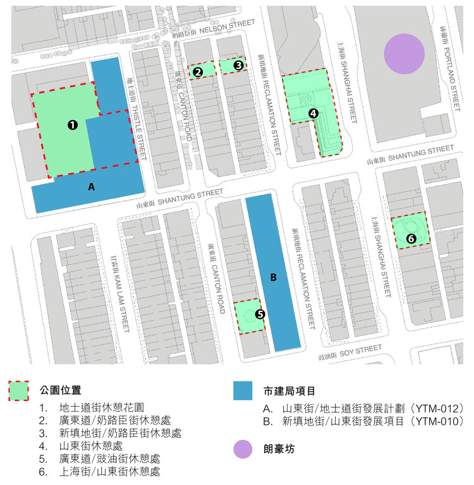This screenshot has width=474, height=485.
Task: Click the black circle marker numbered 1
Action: [73, 125]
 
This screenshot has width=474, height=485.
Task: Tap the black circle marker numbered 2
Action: [198, 72]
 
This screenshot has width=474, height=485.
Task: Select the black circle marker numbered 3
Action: [238, 64]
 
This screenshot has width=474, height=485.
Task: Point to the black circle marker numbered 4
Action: [313, 113]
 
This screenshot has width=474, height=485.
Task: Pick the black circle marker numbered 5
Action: [260, 313]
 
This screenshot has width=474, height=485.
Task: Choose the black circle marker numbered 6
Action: [410, 239]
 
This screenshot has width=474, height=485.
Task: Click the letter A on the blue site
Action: [91, 187]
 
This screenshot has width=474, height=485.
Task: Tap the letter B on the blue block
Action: [273, 277]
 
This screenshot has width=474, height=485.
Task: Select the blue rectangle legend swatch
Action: [242, 391]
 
